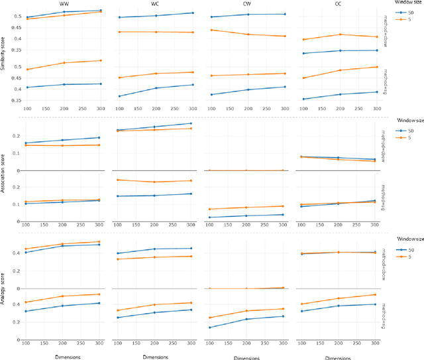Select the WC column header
pos(156,3)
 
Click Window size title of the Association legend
pos(401,122)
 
